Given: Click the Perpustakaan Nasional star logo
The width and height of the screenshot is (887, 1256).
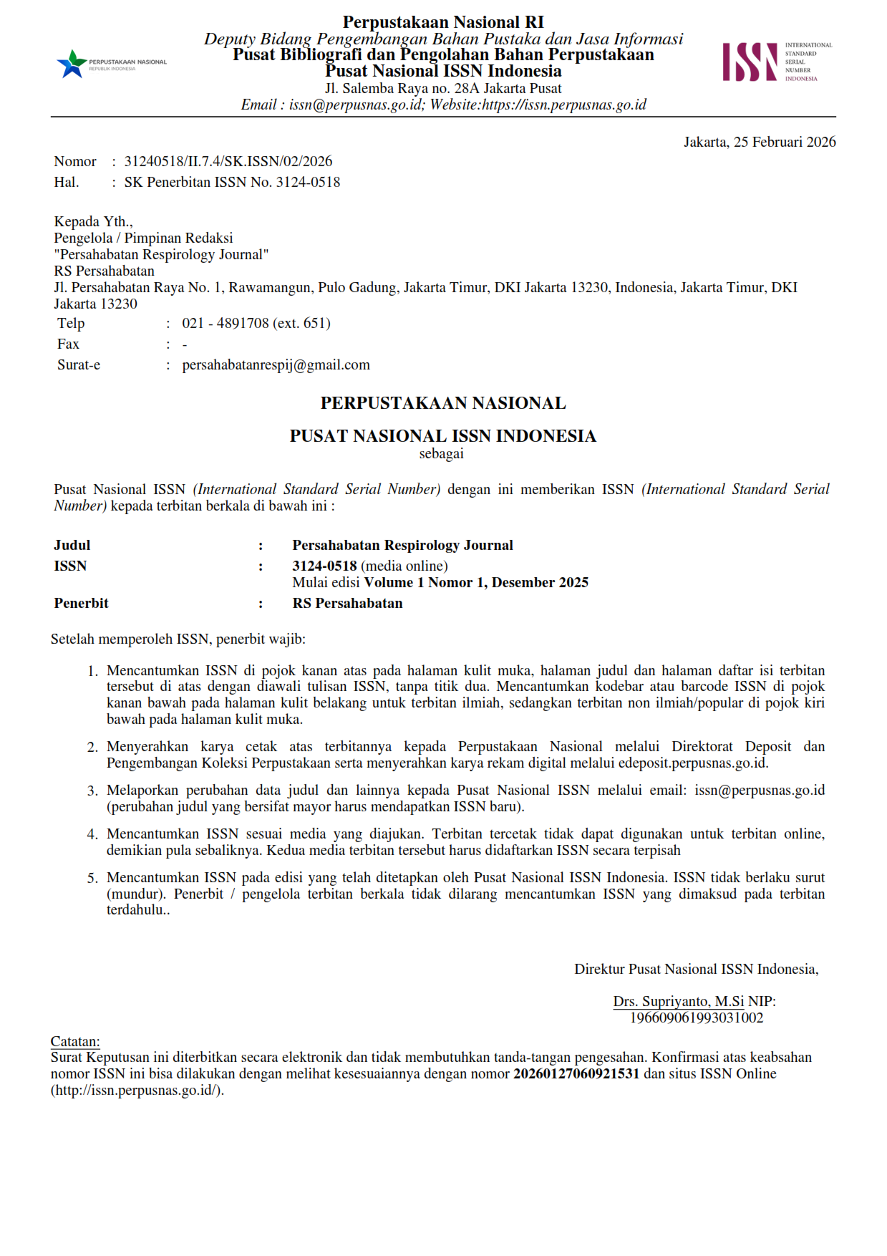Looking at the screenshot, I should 72,64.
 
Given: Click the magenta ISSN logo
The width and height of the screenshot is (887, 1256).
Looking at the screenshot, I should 750,62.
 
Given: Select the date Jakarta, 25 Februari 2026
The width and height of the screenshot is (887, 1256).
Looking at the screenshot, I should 759,142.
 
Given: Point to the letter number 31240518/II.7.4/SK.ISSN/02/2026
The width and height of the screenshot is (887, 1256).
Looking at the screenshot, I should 228,161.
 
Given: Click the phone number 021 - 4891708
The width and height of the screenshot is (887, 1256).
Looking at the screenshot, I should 226,323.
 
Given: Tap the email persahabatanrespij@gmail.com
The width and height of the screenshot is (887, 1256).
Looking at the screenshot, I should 276,364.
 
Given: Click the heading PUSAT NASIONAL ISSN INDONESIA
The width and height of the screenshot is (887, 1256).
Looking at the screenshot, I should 442,435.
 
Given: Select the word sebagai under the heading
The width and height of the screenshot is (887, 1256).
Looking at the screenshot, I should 441,453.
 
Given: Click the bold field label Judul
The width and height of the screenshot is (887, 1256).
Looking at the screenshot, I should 72,545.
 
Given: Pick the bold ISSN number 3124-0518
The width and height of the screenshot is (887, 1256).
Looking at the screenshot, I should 324,566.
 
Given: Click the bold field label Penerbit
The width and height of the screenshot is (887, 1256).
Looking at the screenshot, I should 81,603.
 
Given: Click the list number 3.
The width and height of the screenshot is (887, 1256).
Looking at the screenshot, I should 92,791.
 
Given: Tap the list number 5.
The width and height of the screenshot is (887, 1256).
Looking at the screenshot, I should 92,878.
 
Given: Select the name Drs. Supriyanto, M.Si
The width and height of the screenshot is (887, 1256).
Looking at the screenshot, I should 678,1001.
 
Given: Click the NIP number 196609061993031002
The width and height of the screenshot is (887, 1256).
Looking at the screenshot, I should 696,1018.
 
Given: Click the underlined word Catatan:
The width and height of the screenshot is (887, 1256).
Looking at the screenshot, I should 75,1041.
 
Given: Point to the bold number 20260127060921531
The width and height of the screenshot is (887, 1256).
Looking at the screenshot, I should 576,1073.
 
